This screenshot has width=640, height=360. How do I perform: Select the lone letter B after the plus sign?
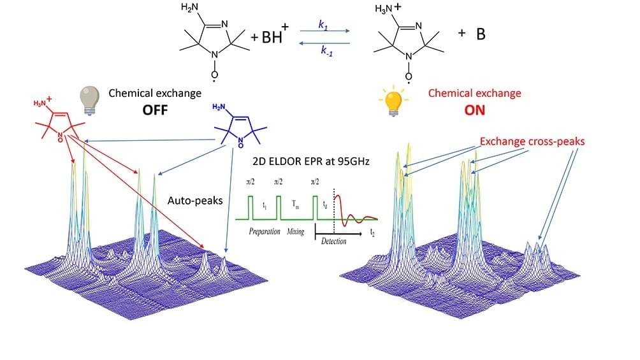[x=481, y=34]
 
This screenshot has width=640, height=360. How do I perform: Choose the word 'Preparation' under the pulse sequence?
[x=265, y=231]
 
